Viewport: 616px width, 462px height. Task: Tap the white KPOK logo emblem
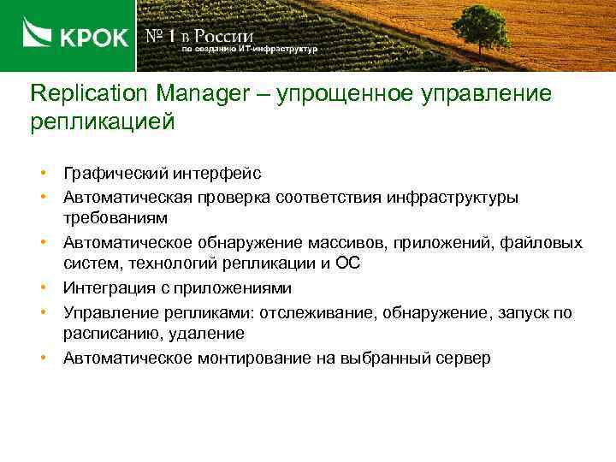[38, 37]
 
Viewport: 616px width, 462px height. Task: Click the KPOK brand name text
[93, 38]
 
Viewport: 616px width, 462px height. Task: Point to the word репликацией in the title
[102, 121]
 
